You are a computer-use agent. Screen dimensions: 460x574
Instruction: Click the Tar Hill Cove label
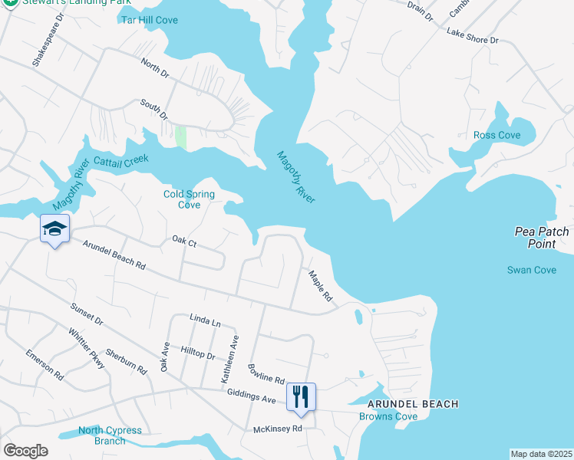click(x=149, y=19)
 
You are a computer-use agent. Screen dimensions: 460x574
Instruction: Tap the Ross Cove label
click(x=496, y=135)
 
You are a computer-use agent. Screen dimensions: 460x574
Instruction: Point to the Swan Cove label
click(x=532, y=270)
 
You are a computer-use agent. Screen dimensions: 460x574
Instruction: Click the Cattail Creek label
click(x=118, y=162)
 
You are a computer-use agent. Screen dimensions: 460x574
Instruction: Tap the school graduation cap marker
click(x=55, y=228)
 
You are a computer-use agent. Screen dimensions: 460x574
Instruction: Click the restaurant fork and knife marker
click(x=301, y=396)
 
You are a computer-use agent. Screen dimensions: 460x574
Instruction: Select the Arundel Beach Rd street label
click(x=114, y=255)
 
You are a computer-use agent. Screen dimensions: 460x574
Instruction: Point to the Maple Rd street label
click(x=321, y=285)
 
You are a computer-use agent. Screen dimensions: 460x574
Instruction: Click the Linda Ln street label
click(x=205, y=320)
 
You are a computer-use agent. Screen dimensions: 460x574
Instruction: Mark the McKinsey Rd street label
click(x=279, y=429)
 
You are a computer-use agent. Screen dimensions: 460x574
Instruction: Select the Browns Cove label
click(x=388, y=417)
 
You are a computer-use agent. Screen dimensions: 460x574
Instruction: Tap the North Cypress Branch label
click(x=110, y=435)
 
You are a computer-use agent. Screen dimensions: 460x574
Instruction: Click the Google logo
click(x=25, y=451)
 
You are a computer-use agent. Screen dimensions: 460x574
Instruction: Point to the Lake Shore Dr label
click(x=473, y=35)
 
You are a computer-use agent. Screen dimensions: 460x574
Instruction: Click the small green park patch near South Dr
click(x=181, y=137)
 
